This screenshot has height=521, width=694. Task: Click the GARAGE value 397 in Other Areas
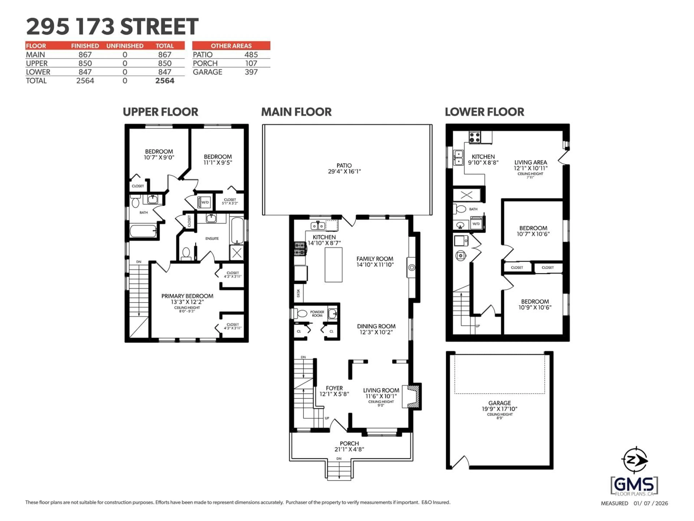click(251, 72)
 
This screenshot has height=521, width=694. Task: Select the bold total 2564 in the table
click(165, 81)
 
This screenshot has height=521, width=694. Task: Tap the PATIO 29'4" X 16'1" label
click(344, 168)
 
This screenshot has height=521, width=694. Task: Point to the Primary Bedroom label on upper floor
click(187, 299)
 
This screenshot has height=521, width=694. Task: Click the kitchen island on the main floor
click(333, 264)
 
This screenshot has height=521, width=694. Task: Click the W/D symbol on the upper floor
click(205, 202)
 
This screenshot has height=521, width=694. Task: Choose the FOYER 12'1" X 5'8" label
click(334, 391)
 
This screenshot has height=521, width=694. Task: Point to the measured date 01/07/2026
click(651, 503)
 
